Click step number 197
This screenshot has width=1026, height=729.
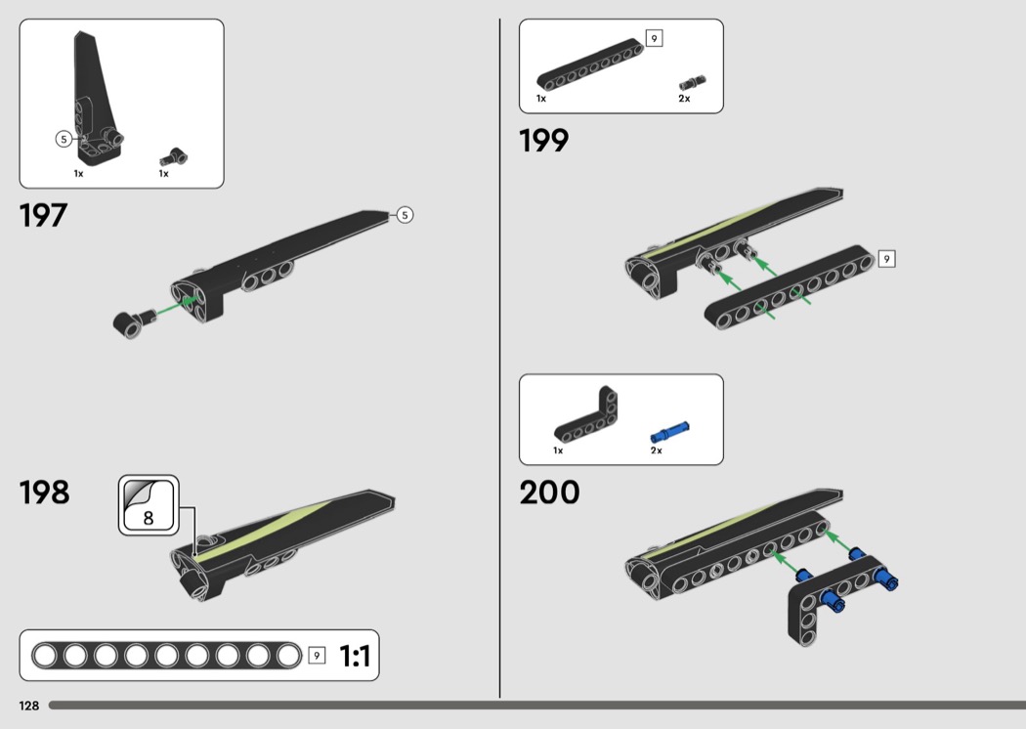(x=43, y=216)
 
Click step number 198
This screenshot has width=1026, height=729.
(x=44, y=493)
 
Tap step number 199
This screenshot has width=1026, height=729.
(x=543, y=142)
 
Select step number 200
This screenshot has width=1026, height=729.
(x=549, y=493)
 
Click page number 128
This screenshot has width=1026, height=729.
(x=27, y=706)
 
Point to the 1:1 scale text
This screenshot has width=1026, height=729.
(x=355, y=657)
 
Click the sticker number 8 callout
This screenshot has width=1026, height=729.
(x=149, y=506)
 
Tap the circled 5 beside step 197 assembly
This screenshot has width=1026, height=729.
(x=405, y=215)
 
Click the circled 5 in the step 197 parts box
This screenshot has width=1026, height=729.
(x=64, y=139)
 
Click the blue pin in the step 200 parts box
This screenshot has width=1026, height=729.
(x=669, y=430)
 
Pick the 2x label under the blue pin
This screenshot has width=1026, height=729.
(x=656, y=450)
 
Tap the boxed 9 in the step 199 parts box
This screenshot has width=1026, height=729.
(x=654, y=39)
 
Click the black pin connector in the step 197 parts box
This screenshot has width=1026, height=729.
(x=174, y=155)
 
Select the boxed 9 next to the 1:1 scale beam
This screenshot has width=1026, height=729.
(x=317, y=656)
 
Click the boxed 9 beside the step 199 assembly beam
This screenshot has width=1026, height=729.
(x=886, y=259)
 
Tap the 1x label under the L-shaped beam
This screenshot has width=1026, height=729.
(x=558, y=450)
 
